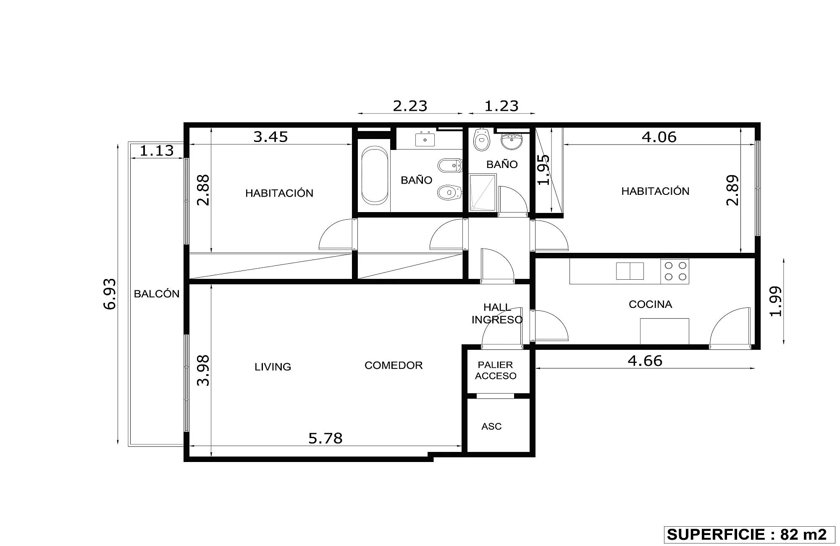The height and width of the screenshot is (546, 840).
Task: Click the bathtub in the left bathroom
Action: coord(375,175)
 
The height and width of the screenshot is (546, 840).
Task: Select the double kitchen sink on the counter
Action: coord(630,271)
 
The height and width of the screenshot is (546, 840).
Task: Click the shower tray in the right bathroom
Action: coord(483,192)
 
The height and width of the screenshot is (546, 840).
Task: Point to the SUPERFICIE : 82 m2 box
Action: coord(747,534)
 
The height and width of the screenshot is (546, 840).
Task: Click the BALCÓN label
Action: coord(157,294)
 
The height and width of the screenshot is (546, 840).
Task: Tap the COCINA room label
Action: coord(650,304)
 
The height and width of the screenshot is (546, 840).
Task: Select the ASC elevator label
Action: coord(491,426)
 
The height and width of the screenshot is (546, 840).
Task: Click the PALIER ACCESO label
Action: coord(496,370)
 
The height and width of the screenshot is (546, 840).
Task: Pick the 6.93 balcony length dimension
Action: coord(110,294)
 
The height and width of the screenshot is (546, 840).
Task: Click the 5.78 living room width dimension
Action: coord(325,438)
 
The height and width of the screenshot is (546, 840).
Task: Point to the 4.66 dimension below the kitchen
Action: coord(645,361)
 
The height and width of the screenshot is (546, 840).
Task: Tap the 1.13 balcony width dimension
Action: coord(157,150)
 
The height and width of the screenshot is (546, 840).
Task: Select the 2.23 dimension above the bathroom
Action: coord(410,106)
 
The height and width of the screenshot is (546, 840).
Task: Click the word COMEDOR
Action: coord(394,365)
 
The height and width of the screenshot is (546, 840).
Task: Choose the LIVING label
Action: coord(273,367)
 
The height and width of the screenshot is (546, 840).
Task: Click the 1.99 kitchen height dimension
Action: coord(776,301)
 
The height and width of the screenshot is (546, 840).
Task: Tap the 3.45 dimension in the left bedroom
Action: coord(270,137)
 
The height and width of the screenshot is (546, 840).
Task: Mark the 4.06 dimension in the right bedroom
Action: coord(659,137)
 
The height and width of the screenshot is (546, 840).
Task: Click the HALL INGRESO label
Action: coord(497,313)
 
